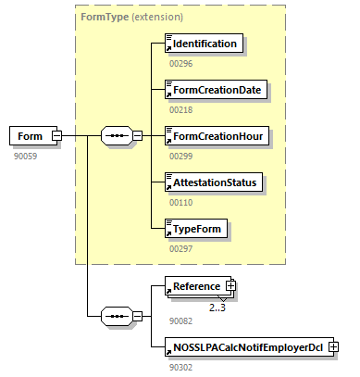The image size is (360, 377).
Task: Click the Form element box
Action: tap(31, 136)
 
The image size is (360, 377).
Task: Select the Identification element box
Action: tap(204, 44)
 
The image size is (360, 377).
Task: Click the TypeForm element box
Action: tap(195, 227)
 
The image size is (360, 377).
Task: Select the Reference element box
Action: tap(195, 287)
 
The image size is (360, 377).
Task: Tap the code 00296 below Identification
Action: tap(181, 64)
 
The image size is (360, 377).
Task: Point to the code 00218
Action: tap(181, 110)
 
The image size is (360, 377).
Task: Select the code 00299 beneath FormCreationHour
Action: tap(181, 157)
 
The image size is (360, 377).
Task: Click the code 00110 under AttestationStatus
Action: tap(181, 203)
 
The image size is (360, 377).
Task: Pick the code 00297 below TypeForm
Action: tap(181, 248)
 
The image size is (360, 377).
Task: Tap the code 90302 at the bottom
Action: tap(181, 367)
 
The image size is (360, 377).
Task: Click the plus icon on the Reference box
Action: tap(230, 287)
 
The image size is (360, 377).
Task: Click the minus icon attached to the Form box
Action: tap(56, 136)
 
